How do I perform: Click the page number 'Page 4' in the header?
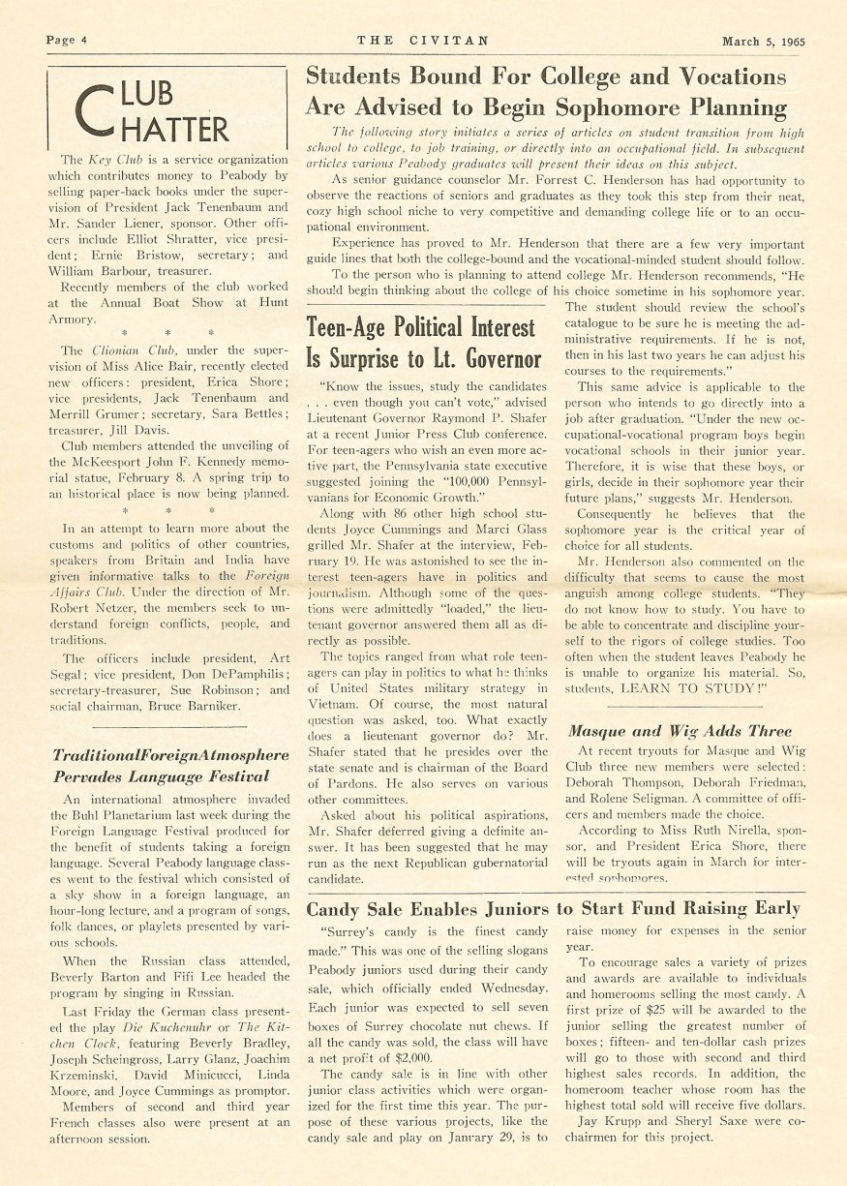tap(66, 41)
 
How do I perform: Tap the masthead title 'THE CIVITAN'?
tap(422, 41)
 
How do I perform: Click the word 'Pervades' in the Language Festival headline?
tap(90, 776)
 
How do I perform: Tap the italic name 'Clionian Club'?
tap(125, 350)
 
